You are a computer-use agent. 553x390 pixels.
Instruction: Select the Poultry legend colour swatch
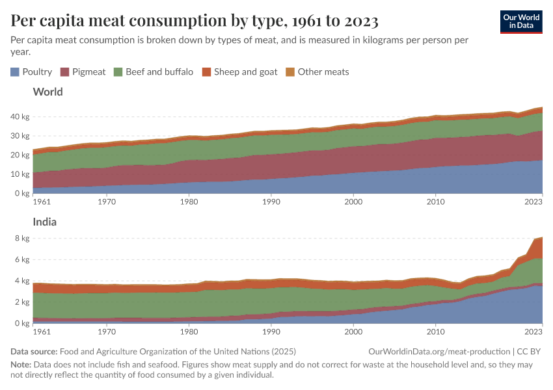(15, 72)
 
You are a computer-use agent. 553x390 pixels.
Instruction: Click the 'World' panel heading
(47, 92)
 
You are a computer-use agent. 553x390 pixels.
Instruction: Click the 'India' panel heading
(44, 222)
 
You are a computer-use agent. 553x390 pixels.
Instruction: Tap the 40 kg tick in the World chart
(20, 117)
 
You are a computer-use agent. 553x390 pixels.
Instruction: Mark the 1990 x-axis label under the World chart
(271, 203)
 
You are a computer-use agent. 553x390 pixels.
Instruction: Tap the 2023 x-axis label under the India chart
(533, 332)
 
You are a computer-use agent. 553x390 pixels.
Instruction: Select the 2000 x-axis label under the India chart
(353, 332)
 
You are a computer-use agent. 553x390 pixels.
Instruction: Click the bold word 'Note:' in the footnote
(21, 365)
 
